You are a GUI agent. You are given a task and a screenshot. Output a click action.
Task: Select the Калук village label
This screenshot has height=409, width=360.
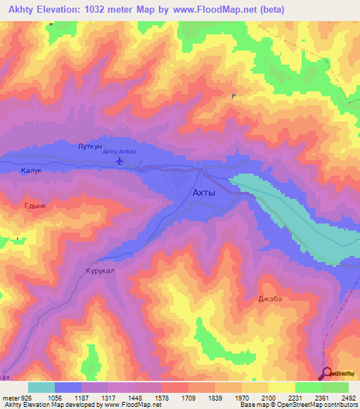coord(32,171)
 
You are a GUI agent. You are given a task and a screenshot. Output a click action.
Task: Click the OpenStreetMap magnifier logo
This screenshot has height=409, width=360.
coord(328,374)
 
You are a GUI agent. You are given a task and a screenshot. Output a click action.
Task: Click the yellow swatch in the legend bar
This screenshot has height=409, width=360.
coord(281,387)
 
